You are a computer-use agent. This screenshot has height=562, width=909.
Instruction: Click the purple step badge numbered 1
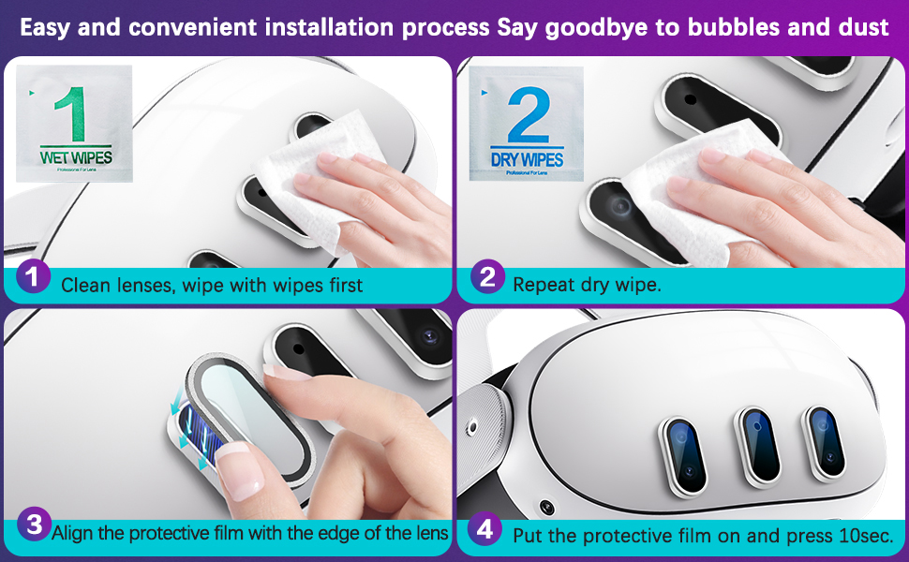[33, 277]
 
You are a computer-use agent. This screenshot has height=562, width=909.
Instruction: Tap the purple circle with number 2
[486, 277]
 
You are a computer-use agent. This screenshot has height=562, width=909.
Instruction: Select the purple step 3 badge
[34, 525]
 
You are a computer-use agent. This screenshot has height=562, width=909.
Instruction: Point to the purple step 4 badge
[484, 530]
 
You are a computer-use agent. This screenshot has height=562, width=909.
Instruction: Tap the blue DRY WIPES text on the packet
[527, 160]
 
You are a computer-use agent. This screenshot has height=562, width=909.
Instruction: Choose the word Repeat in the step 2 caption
[542, 284]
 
